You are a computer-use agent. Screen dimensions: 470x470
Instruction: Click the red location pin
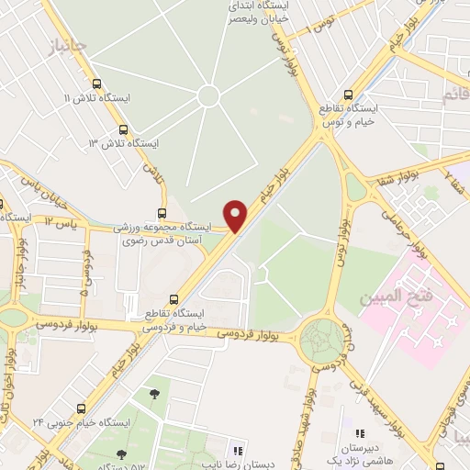[236, 217]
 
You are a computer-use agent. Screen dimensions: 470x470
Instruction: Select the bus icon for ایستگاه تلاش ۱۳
[123, 129]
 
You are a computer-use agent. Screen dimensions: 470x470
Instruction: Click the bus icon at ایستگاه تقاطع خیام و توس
[347, 95]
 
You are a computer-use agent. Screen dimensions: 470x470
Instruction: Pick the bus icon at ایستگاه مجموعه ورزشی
[162, 213]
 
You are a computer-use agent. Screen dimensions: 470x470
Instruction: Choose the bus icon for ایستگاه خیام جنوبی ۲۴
[82, 409]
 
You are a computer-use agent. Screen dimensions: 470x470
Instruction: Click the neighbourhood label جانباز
[71, 44]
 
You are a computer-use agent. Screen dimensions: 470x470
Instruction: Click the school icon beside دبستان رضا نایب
[237, 451]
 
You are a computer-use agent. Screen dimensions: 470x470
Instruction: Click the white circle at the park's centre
[208, 95]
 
